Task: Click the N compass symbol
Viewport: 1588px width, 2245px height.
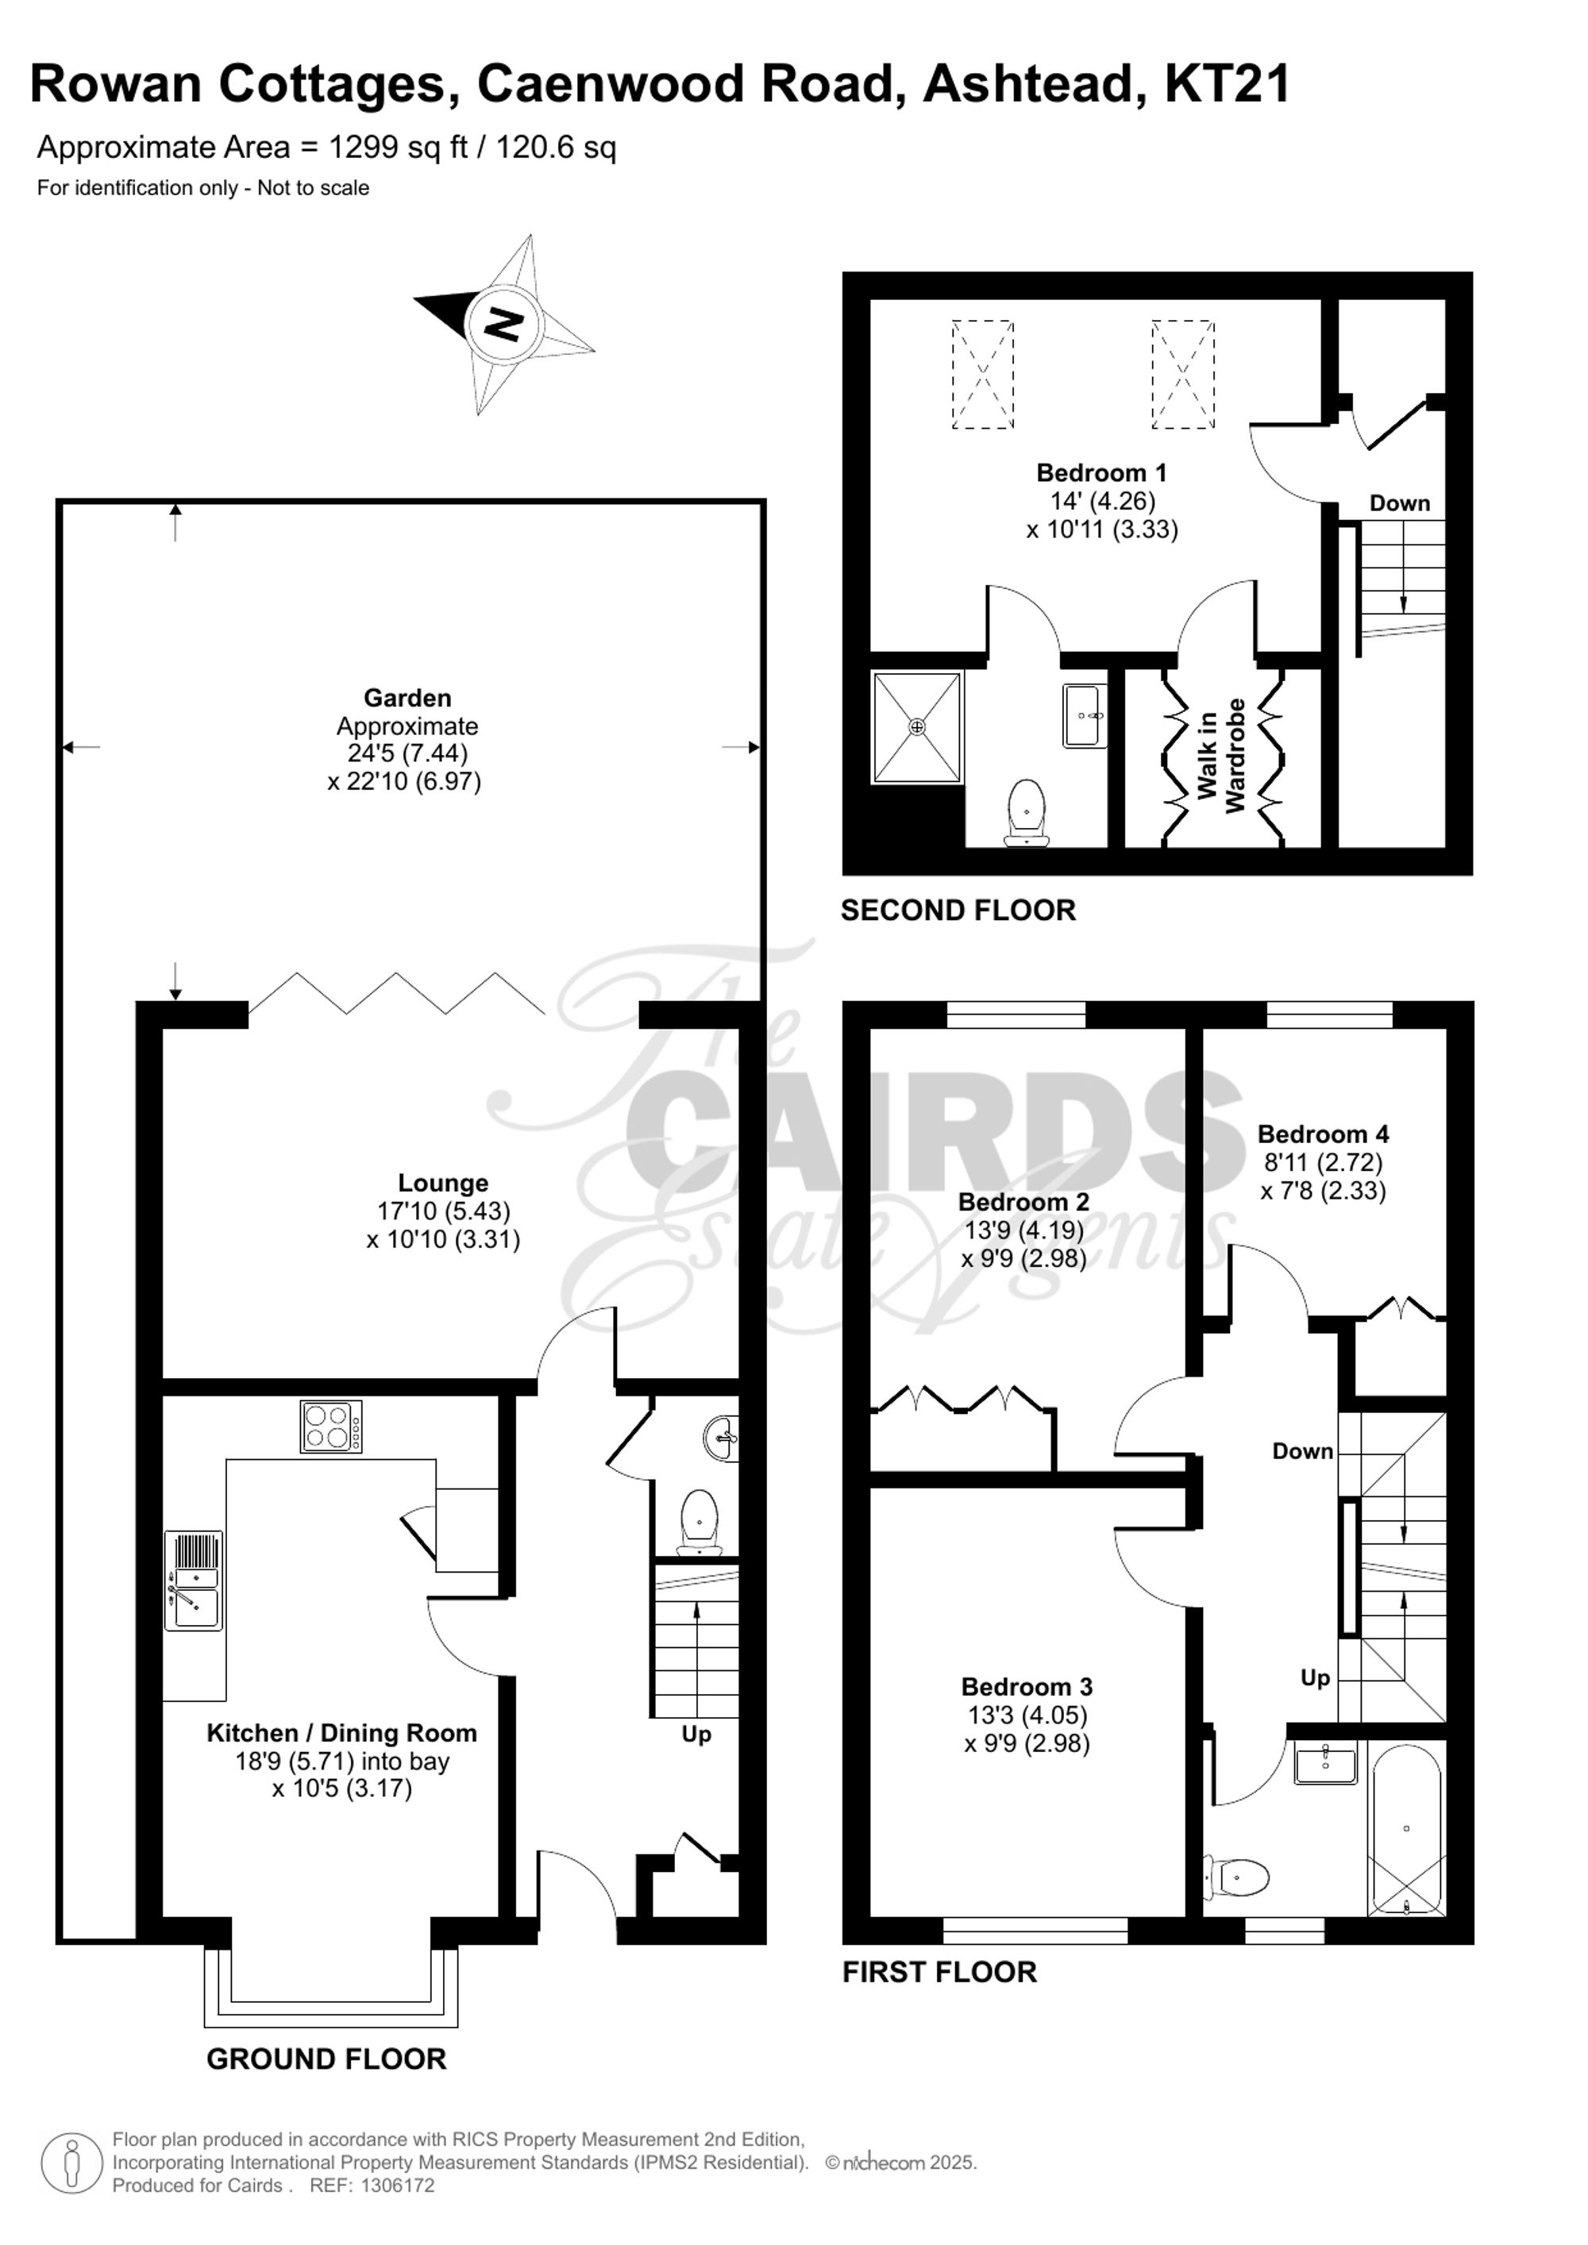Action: point(503,324)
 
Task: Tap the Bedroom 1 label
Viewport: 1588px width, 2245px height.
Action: point(1101,473)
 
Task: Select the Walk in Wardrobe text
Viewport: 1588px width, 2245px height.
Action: point(1221,755)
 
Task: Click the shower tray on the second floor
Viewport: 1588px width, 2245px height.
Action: point(916,726)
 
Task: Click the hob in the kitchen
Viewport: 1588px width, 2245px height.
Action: point(330,1427)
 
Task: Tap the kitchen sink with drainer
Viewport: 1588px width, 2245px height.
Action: point(194,1580)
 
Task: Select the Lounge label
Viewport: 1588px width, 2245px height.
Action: point(443,1183)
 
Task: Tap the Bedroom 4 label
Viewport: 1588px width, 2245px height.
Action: point(1322,1134)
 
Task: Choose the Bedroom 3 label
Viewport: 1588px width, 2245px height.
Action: point(1026,1687)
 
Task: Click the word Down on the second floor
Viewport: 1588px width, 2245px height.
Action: point(1399,503)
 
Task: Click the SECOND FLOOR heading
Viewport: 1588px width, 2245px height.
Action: point(958,911)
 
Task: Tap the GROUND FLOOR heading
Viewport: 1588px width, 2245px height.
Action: point(326,2059)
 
